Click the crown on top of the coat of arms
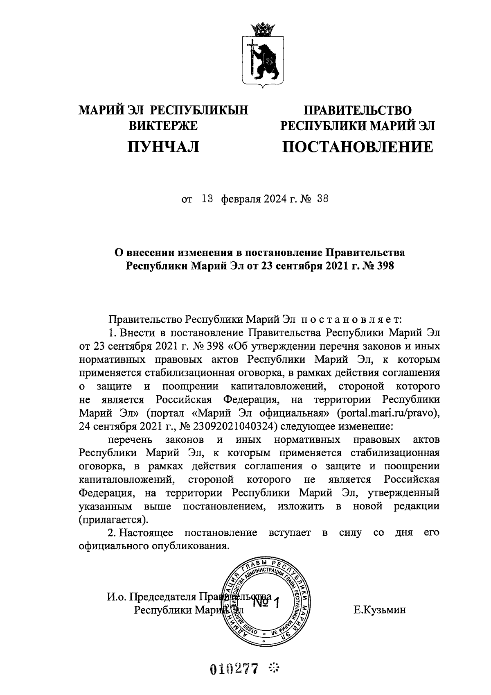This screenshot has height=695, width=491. [261, 29]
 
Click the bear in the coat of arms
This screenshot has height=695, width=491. [266, 59]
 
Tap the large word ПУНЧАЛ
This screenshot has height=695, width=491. [164, 147]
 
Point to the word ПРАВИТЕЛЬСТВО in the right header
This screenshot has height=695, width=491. [357, 110]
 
